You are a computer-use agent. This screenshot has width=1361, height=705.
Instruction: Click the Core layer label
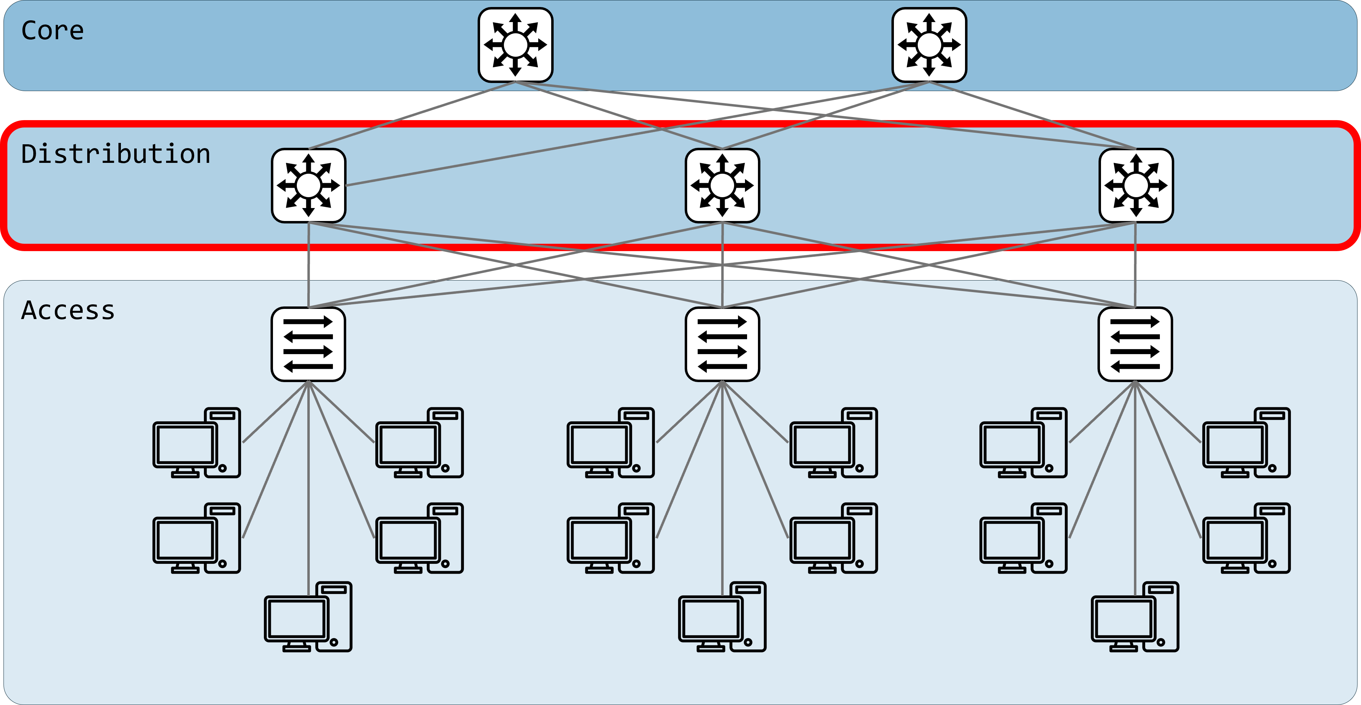tap(52, 30)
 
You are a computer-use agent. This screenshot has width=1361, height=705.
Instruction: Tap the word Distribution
tap(116, 154)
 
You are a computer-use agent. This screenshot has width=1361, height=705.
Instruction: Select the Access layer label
tap(68, 311)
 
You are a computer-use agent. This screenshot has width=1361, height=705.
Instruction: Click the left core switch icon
tap(515, 45)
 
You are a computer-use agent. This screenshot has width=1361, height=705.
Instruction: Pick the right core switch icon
tap(929, 45)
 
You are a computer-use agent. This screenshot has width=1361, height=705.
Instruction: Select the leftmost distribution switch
tap(309, 185)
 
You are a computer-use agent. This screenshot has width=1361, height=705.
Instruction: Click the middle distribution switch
tap(722, 185)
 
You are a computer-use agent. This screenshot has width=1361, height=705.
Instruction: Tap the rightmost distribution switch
tap(1136, 185)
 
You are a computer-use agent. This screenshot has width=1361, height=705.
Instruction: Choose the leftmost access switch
tap(309, 344)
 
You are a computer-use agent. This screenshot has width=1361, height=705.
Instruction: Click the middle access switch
tap(722, 344)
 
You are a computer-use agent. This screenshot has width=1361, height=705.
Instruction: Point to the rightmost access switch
tap(1135, 344)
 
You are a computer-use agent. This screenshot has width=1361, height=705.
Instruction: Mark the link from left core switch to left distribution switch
tap(412, 115)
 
